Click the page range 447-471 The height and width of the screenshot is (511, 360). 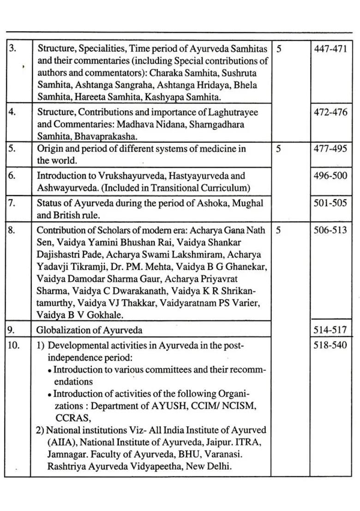[x=330, y=49]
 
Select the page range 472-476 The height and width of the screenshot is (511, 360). [x=330, y=113]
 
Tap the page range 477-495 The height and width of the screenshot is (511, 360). [x=330, y=149]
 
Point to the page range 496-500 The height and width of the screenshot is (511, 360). [x=330, y=176]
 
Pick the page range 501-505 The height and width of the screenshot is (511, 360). [x=330, y=203]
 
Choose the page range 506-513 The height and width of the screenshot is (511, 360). [x=330, y=230]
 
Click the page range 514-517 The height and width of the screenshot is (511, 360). [x=330, y=330]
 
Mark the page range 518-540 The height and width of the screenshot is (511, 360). [x=330, y=345]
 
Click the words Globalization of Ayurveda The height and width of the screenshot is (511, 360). [x=90, y=330]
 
